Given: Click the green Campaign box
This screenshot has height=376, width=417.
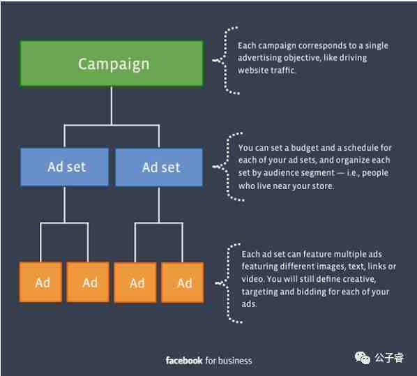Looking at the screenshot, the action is pos(112,63).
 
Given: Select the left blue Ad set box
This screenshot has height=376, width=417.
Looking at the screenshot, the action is pos(64,167).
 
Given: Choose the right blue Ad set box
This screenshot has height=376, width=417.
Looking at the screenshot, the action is pos(159,167).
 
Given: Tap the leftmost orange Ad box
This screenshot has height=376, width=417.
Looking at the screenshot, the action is pos(40,282).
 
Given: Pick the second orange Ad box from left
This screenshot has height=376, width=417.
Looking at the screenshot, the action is pos(88,282).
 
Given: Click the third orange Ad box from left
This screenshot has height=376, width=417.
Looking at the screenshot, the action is pos(135,282).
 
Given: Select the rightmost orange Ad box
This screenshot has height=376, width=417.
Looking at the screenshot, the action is pos(183,282).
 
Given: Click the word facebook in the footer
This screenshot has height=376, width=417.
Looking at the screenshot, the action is pos(184,361).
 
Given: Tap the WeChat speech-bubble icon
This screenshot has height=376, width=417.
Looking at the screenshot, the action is pos(362,358).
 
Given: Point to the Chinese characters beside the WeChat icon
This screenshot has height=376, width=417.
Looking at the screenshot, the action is pos(389,358).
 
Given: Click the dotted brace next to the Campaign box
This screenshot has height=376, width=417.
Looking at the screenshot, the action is pos(225,60).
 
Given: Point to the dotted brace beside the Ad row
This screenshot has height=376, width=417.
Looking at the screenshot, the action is pos(228,283).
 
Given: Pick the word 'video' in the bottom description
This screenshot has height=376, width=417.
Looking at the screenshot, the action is pos(252,279).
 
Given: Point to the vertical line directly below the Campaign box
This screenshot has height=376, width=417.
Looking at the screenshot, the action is pos(112,105).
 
